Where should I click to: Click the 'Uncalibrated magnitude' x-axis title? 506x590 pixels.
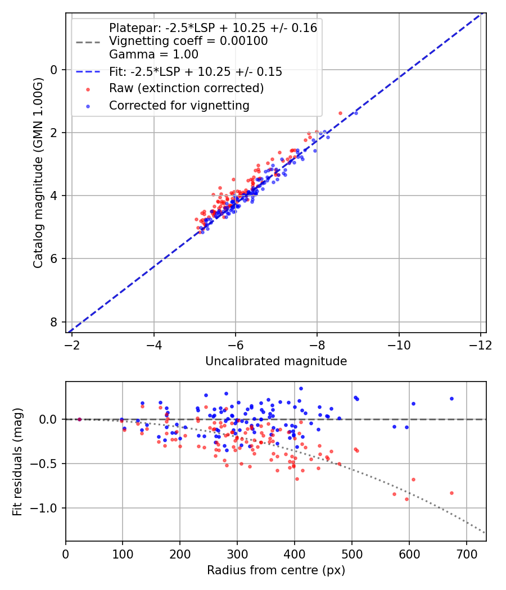[275, 361]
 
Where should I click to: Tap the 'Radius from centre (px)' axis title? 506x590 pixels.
[275, 570]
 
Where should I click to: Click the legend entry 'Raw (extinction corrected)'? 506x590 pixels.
[186, 88]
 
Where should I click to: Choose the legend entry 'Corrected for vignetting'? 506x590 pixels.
[179, 105]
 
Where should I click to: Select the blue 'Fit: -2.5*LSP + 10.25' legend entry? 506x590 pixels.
[195, 72]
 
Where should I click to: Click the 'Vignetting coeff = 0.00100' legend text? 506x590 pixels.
[188, 41]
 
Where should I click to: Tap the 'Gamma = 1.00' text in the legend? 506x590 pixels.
[153, 55]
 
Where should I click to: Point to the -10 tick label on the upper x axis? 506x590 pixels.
[399, 344]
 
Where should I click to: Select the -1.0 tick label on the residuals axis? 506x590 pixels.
[47, 508]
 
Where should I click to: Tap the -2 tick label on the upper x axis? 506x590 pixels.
[72, 344]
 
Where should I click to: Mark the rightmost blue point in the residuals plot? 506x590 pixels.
[451, 398]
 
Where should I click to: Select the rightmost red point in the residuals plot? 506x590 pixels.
[451, 493]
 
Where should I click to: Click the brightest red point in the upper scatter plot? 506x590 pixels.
[340, 113]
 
